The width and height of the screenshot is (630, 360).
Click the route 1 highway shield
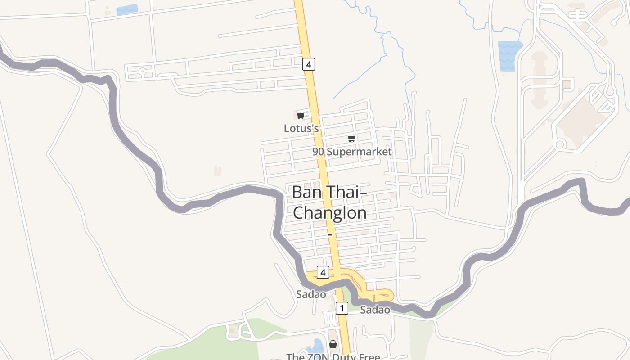click(342, 308)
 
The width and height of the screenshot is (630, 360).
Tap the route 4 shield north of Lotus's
click(308, 64)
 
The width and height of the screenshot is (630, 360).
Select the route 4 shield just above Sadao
click(323, 272)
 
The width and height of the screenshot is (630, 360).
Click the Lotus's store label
click(301, 128)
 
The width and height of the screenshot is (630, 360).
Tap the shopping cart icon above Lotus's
click(301, 115)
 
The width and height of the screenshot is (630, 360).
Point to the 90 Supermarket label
click(352, 152)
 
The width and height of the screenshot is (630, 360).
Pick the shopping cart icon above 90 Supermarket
click(351, 138)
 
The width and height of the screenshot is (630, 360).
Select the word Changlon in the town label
click(329, 212)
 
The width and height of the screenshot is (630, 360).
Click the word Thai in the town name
click(344, 192)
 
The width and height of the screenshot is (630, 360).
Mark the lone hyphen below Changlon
click(330, 235)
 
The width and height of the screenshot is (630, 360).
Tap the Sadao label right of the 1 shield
click(375, 310)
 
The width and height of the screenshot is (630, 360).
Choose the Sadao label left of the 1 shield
click(310, 294)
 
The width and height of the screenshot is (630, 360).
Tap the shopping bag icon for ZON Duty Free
click(333, 344)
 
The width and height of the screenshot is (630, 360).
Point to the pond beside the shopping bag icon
click(316, 346)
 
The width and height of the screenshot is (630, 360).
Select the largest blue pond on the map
click(510, 55)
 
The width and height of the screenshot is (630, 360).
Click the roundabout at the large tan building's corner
click(560, 144)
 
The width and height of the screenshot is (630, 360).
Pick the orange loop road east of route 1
click(382, 295)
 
